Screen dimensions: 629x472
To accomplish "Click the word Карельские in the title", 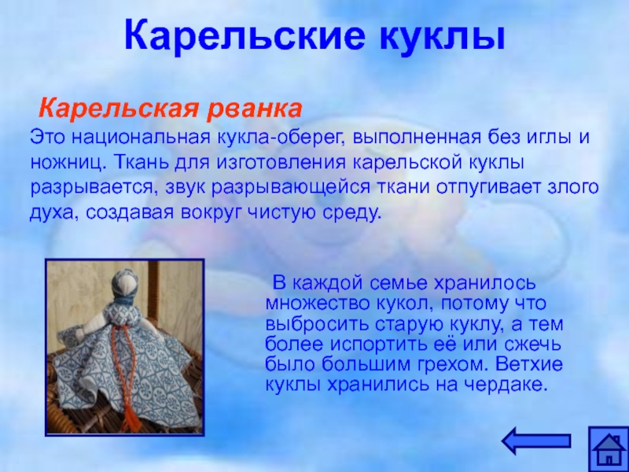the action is [245, 35].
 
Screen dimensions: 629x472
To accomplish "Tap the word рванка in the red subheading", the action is [254, 109].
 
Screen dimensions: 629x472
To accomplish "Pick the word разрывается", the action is [95, 188].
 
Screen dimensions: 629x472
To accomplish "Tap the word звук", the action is [186, 188].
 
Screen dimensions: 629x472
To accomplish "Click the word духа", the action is [54, 213].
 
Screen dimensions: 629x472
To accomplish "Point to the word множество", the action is [317, 304].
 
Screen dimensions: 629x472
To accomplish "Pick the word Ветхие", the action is [529, 364].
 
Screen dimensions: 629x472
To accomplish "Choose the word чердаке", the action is [506, 385].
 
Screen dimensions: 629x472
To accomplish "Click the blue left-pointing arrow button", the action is [536, 441].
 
